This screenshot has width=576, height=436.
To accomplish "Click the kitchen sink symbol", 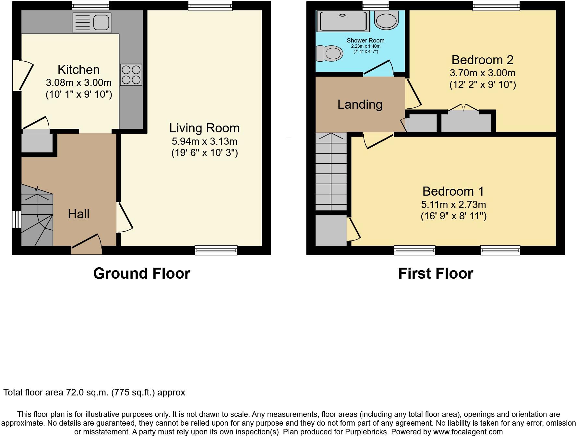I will (x=92, y=23).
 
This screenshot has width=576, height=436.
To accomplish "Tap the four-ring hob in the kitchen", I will (x=131, y=75).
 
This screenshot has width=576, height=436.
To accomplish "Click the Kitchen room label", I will (x=78, y=70).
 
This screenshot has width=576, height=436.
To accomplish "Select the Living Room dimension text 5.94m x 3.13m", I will (x=204, y=141).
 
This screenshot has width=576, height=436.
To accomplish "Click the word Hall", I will (x=78, y=214).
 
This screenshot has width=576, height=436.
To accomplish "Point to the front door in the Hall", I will (x=86, y=247).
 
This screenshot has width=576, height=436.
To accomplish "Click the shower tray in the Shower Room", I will (x=343, y=21).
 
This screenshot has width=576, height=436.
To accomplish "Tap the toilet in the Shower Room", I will (x=330, y=53).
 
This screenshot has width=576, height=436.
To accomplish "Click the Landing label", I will (x=360, y=104).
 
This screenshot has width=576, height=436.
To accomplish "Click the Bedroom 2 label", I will (x=482, y=60).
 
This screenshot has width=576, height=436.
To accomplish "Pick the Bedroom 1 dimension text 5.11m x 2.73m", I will (x=453, y=205).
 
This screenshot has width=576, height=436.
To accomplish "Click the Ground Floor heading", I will (x=142, y=273).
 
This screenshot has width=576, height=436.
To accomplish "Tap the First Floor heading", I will (x=436, y=273).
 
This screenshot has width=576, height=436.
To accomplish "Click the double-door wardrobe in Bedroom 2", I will (x=466, y=121).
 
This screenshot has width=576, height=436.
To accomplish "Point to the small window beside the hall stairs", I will (x=16, y=219).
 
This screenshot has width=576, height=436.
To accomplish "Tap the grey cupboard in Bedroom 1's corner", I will (x=331, y=231).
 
